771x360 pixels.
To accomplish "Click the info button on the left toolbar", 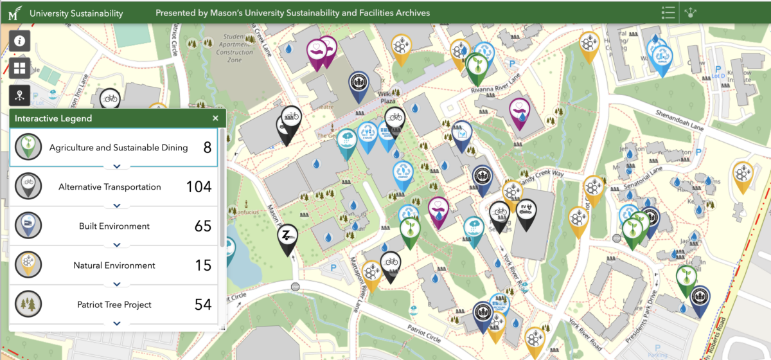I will pos(20,41).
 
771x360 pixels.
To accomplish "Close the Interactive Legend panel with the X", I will pos(215,118).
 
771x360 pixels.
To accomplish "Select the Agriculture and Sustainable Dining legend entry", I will pos(118,148).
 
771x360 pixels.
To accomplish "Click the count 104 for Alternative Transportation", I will pos(199,187).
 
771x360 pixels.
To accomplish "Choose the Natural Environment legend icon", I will pos(28,265).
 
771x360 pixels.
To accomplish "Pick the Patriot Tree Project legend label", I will pos(114,304).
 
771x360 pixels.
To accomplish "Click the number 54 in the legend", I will pos(203,304).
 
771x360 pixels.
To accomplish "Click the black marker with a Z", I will pos(287,237).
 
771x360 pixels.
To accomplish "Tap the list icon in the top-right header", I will pos(668,12).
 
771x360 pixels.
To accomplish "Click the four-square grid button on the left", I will pos(20,68).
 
